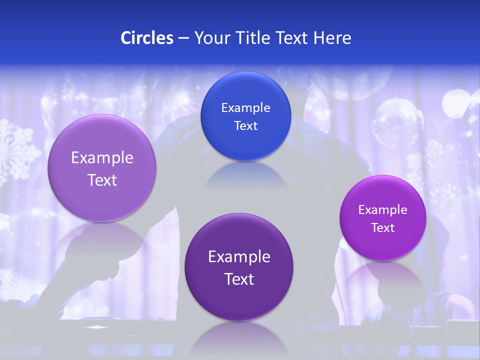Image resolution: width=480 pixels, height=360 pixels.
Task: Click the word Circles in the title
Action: [x=146, y=38]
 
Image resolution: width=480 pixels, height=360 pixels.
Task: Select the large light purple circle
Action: [x=102, y=168]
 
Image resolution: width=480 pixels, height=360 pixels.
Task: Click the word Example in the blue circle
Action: [x=245, y=107]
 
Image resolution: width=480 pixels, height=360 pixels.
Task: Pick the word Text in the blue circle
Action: [x=245, y=125]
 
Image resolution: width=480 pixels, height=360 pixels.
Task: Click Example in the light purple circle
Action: [x=102, y=158]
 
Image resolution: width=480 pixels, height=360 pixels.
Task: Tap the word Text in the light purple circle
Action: [x=102, y=180]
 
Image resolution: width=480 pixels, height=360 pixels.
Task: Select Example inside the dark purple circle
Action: [x=239, y=256]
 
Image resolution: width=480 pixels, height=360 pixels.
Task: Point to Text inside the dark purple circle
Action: [x=239, y=279]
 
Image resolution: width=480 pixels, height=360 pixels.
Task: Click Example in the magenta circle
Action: [x=382, y=209]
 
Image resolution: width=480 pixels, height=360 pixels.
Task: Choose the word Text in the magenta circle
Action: [x=382, y=227]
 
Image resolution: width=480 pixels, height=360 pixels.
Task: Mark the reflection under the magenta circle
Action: [x=382, y=275]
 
